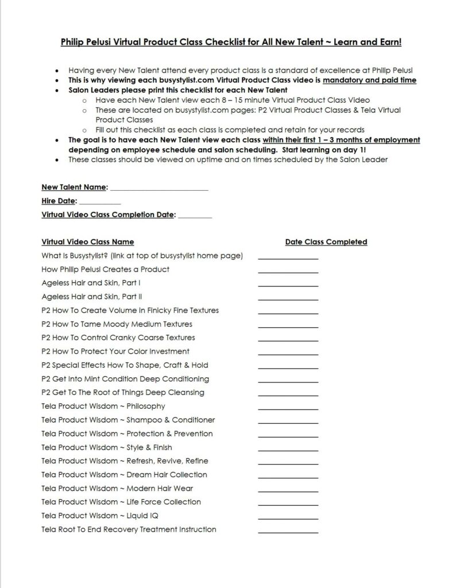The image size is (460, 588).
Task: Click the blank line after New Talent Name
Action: (x=159, y=189)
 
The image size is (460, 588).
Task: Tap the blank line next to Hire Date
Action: (x=100, y=203)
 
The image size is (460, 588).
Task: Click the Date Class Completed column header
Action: (x=326, y=242)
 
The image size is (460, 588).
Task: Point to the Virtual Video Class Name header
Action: (x=88, y=242)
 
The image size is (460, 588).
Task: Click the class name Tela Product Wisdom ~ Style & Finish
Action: (x=107, y=447)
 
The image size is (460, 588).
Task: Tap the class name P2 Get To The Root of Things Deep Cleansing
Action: (x=123, y=393)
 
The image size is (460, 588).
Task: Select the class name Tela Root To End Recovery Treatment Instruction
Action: (x=129, y=529)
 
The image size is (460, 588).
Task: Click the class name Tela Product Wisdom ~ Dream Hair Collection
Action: (x=125, y=475)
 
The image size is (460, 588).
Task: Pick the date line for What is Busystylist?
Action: (x=288, y=257)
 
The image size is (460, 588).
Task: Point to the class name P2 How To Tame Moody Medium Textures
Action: (x=117, y=324)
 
